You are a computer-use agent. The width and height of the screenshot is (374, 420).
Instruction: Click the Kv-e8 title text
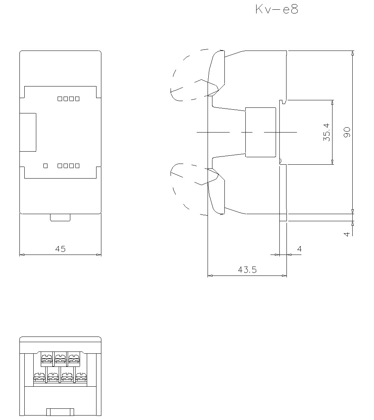(277, 9)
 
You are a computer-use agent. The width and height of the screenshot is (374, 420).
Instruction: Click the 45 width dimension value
(60, 249)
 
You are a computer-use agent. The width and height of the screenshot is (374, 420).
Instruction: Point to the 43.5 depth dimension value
(247, 270)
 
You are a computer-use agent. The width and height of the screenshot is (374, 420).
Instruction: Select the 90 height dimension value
(347, 132)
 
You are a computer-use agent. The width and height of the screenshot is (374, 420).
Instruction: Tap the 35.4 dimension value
(327, 132)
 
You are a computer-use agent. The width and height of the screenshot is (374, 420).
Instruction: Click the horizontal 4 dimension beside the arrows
(299, 249)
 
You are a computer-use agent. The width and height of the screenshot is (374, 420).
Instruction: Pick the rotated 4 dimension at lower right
(347, 234)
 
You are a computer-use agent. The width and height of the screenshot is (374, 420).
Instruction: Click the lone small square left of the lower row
(46, 166)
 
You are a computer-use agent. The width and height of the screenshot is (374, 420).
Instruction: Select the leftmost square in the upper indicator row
(60, 99)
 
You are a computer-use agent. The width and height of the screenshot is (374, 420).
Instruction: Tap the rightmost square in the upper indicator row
(77, 99)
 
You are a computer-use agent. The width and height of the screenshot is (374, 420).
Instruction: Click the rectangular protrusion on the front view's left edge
(28, 132)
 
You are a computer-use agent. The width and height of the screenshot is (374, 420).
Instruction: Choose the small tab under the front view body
(60, 217)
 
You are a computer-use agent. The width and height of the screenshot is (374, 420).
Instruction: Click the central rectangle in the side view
(261, 132)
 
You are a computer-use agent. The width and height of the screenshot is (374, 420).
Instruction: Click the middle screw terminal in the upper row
(60, 359)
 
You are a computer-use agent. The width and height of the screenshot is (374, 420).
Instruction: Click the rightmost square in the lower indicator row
(77, 166)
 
